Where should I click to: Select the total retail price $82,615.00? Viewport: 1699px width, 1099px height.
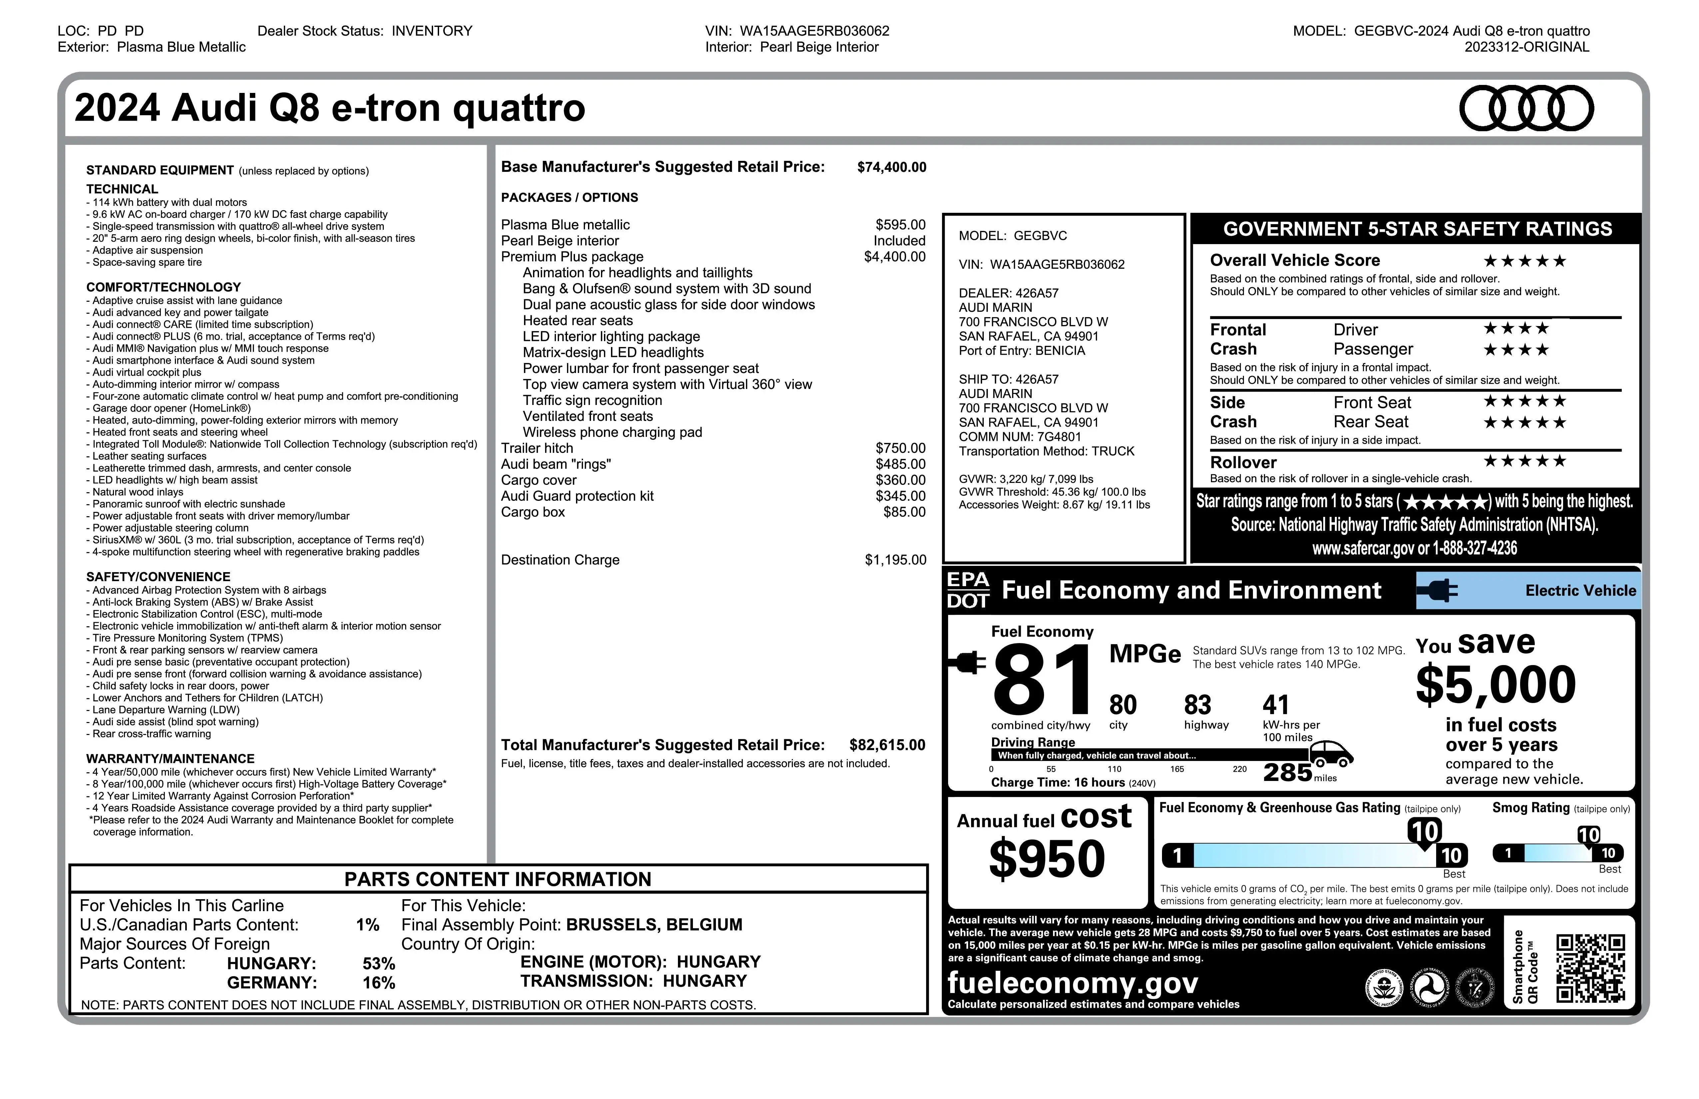tap(886, 745)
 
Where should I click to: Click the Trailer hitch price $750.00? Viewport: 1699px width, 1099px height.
tap(900, 448)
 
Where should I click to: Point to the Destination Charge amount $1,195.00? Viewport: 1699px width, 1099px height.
tap(895, 560)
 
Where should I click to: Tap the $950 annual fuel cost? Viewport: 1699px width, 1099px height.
tap(1046, 859)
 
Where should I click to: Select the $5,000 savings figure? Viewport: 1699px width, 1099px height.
tap(1495, 684)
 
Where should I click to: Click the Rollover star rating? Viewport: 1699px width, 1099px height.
tap(1524, 461)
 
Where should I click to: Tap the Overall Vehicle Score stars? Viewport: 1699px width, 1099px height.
tap(1524, 261)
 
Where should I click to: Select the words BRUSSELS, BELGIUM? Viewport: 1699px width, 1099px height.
tap(654, 925)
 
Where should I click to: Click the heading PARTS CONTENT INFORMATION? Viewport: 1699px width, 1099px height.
tap(498, 879)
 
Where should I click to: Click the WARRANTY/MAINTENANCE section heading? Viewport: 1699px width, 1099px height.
tap(170, 759)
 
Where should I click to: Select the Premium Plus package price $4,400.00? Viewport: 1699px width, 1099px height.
tap(894, 257)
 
